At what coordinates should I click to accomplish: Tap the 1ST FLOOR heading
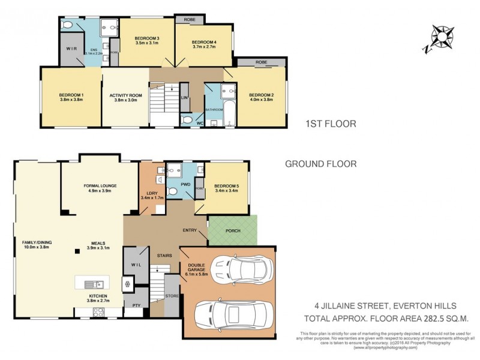331,124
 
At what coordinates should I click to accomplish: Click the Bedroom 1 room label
71,98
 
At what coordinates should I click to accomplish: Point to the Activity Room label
125,98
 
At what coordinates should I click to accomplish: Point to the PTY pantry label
136,305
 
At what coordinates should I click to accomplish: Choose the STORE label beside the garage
172,295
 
